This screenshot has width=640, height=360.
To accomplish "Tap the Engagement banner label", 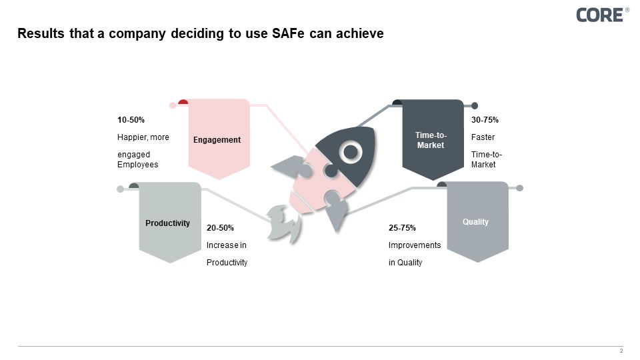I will [217, 139].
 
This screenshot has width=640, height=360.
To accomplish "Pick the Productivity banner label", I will [167, 223].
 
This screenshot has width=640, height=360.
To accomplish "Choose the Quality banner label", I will [475, 222].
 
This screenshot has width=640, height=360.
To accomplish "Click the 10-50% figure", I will [131, 120].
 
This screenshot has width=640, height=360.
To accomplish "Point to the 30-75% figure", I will [485, 120].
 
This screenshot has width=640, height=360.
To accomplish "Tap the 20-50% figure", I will [220, 227].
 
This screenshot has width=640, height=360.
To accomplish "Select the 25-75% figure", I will [402, 228].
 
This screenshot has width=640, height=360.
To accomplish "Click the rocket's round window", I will [349, 153].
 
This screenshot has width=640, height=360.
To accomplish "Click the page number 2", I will [621, 351].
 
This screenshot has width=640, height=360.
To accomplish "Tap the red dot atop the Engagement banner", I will [183, 103].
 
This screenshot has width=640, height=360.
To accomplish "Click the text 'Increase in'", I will [226, 245].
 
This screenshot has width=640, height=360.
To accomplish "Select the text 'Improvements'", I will [414, 245].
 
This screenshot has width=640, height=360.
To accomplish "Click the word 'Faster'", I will [483, 137].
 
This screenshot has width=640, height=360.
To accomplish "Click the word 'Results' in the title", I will [39, 34].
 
